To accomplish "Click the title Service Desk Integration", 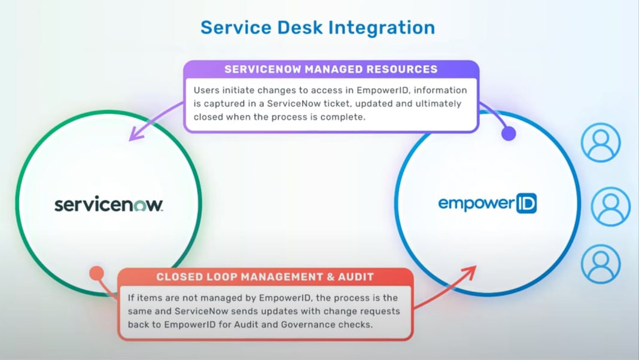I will click(x=317, y=28).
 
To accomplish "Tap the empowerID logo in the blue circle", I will click(x=487, y=204).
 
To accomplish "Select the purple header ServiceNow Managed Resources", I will click(x=331, y=69).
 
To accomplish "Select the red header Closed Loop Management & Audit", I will click(x=265, y=277).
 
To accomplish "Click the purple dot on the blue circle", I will click(x=508, y=133).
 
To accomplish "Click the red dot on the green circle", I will click(x=96, y=274).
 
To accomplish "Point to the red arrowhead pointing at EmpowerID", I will click(x=472, y=269).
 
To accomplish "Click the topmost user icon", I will click(x=601, y=142).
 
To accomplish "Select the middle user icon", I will click(x=610, y=206).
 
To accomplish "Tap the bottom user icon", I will click(x=601, y=264).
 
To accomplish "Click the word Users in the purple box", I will click(x=205, y=90).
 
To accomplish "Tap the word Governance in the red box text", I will click(x=343, y=325).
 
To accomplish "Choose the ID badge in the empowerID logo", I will click(x=525, y=204).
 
